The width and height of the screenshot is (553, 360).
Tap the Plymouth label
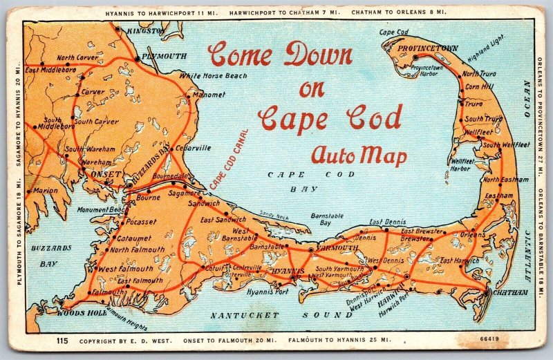[x=165, y=56]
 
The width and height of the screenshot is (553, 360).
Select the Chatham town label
[x=512, y=292]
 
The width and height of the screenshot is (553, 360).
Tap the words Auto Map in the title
[x=358, y=155]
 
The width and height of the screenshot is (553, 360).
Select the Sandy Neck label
[x=274, y=216]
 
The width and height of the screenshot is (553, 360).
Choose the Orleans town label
[x=473, y=234]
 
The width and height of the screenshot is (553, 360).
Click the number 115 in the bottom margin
[x=62, y=340]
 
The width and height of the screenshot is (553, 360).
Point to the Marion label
[x=45, y=191]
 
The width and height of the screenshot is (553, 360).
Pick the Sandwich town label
[x=205, y=204]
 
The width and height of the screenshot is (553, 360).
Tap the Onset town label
[x=106, y=175]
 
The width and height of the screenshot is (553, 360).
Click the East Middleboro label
[x=50, y=70]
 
